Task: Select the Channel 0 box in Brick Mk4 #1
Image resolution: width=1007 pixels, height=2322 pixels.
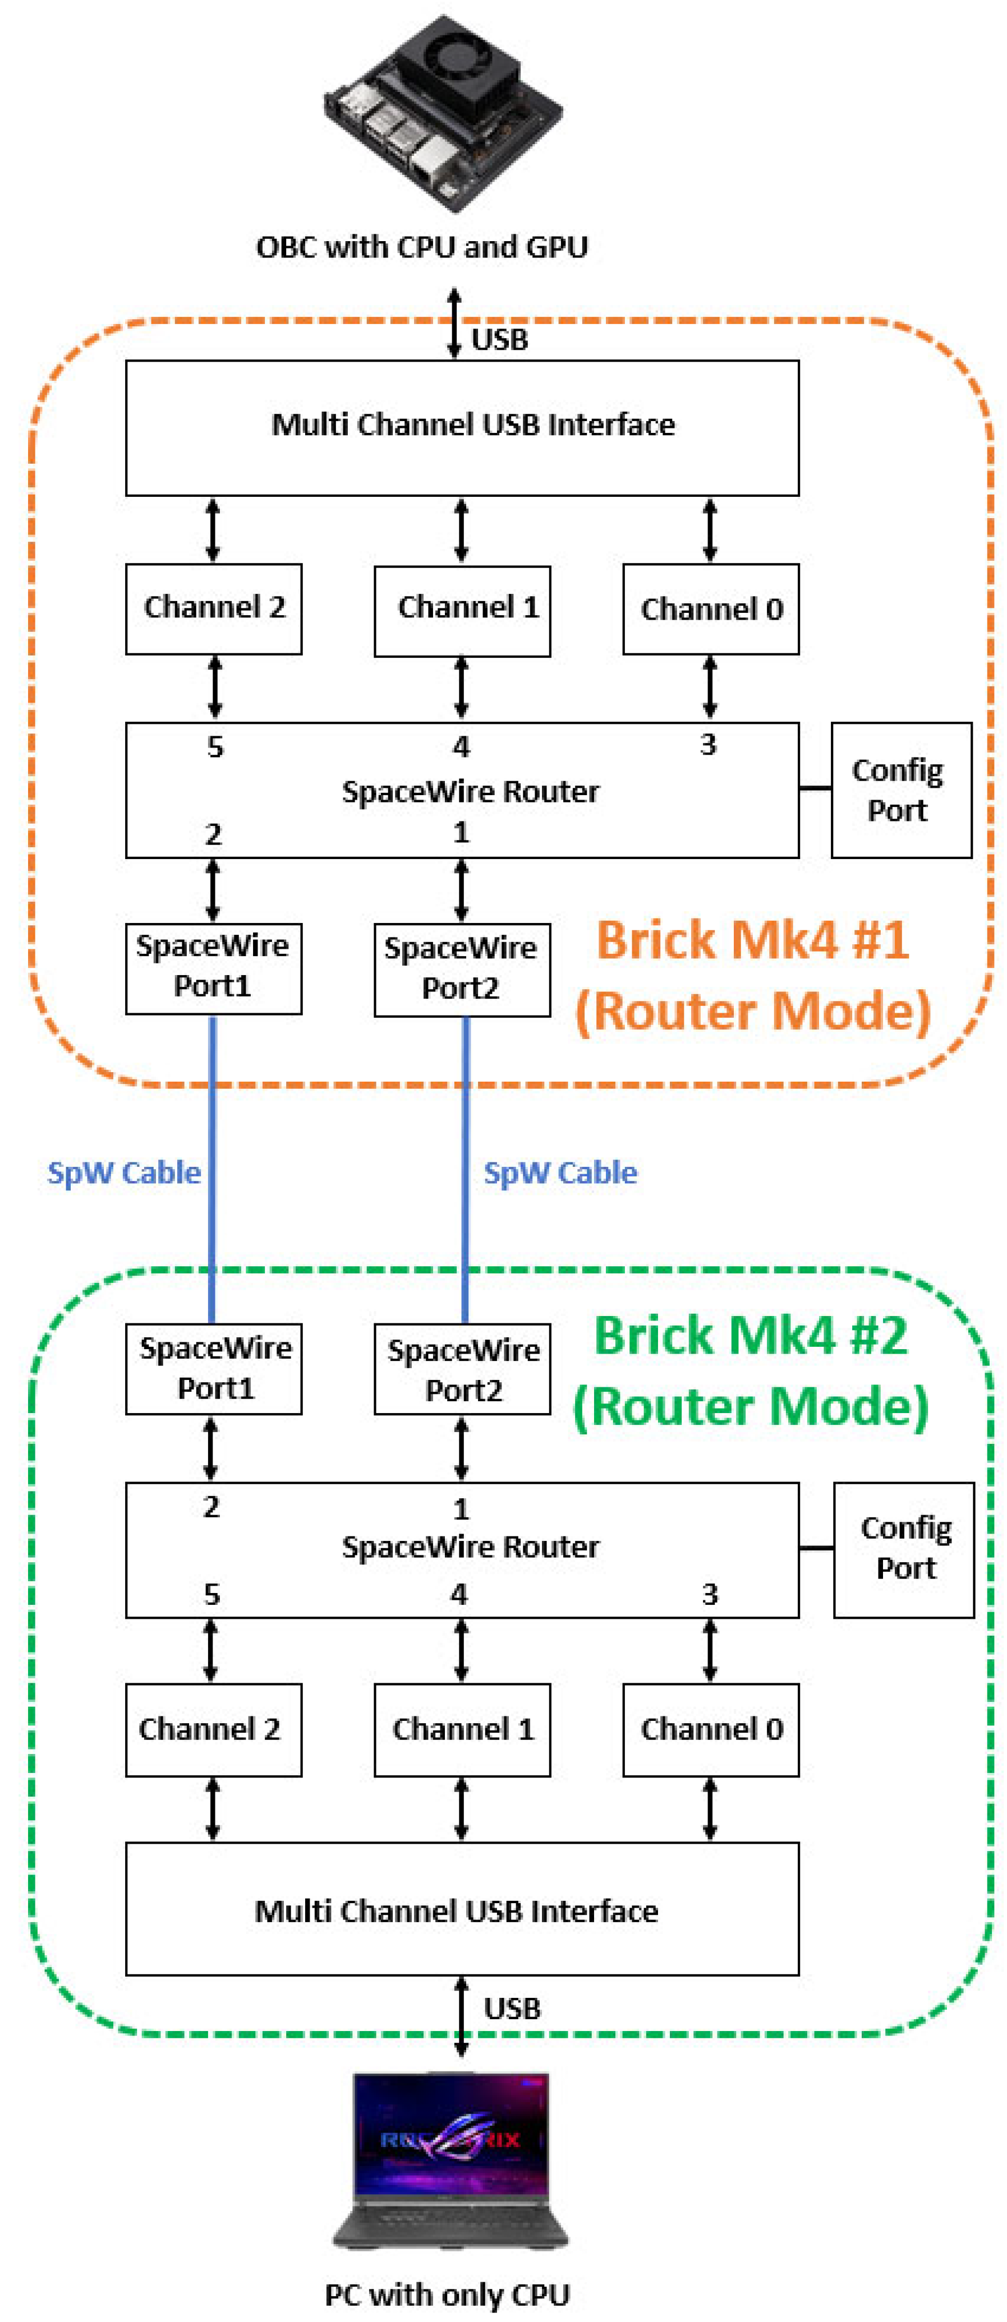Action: coord(710,610)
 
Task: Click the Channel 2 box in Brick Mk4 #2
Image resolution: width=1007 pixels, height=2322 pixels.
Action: coord(213,1729)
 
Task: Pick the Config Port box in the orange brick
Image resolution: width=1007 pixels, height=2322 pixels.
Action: coord(900,790)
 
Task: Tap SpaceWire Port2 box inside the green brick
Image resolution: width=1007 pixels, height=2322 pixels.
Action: coord(462,1369)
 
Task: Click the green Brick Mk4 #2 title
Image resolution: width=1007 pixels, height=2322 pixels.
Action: coord(750,1336)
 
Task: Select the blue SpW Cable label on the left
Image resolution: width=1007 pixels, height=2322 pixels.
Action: coord(123,1172)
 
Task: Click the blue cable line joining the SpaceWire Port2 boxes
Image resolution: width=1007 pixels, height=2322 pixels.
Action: coord(465,1172)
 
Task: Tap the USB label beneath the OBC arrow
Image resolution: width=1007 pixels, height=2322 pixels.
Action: coord(499,340)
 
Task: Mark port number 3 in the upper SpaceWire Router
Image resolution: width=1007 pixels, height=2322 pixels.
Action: coord(707,745)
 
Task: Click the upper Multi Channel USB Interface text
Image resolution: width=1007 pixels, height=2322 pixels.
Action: coord(473,424)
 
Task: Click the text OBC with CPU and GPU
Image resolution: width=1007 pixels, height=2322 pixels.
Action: coord(422,247)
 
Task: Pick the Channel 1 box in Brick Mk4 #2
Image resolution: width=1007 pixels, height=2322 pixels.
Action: coord(462,1729)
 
